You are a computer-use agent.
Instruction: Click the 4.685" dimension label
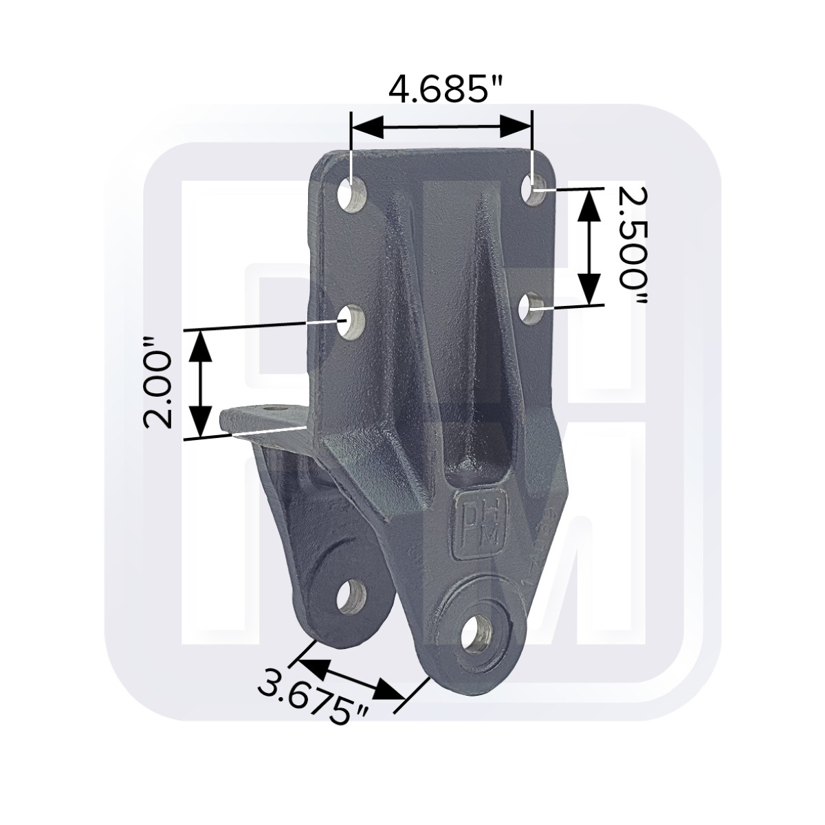[445, 89]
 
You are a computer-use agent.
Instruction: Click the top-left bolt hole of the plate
[352, 195]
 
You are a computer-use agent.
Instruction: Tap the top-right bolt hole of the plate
[533, 189]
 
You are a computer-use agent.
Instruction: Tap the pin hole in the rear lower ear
[351, 597]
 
